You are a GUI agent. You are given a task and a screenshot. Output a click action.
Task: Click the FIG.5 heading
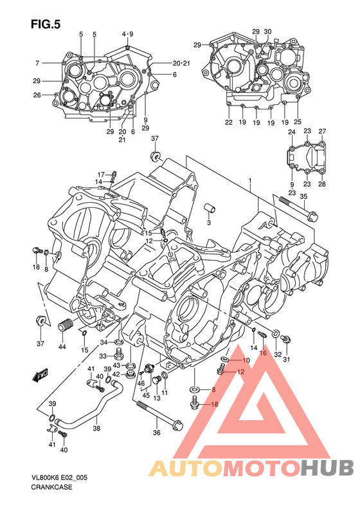[x=46, y=24]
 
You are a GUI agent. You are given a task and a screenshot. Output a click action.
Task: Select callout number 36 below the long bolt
[x=157, y=432]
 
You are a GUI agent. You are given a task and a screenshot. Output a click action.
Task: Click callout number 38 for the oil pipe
[x=96, y=428]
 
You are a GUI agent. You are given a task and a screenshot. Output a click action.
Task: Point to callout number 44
[x=62, y=347]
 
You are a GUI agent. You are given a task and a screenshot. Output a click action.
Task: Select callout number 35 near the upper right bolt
[x=303, y=196]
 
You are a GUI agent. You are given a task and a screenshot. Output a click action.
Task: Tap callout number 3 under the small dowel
[x=209, y=223]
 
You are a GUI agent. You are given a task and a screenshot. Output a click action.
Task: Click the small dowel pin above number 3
[x=210, y=208]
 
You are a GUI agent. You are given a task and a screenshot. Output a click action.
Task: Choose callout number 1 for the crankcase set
[x=250, y=180]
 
